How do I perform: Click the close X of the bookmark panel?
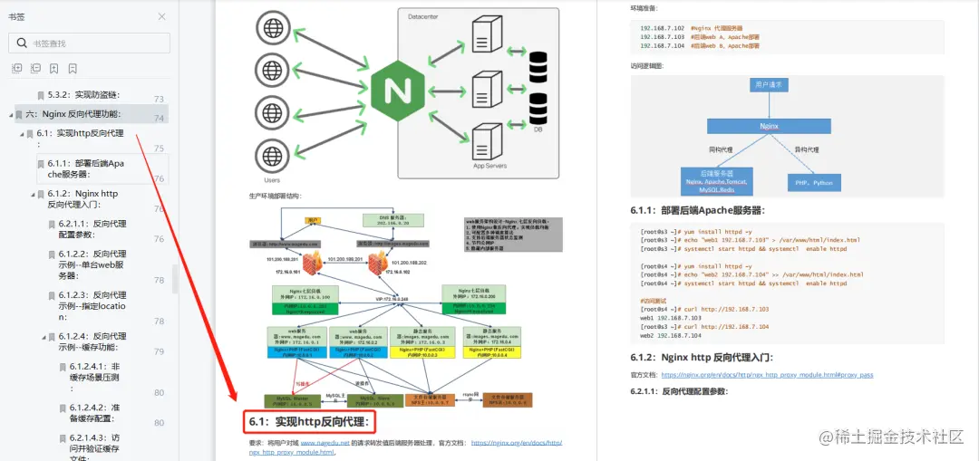pyautogui.click(x=161, y=16)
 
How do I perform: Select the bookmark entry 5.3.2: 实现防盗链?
pyautogui.click(x=83, y=94)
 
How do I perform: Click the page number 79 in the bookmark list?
pyautogui.click(x=159, y=351)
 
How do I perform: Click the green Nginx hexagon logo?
pyautogui.click(x=397, y=90)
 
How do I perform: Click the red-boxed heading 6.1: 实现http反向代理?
pyautogui.click(x=310, y=422)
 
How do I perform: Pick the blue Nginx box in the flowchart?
pyautogui.click(x=769, y=128)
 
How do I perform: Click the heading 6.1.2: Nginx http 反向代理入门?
pyautogui.click(x=703, y=358)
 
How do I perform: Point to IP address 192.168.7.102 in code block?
pyautogui.click(x=660, y=28)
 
